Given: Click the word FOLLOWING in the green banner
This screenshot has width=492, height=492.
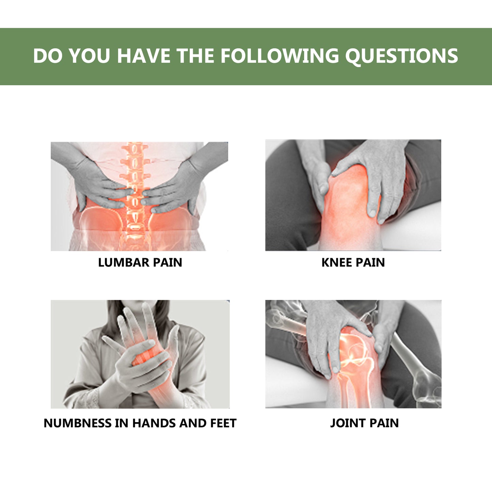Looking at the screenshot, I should pyautogui.click(x=280, y=56).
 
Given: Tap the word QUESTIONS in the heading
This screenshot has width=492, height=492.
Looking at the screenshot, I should pyautogui.click(x=402, y=56).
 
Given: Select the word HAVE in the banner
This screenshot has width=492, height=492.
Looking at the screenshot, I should pyautogui.click(x=143, y=56).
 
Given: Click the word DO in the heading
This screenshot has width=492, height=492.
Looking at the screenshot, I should pyautogui.click(x=48, y=56).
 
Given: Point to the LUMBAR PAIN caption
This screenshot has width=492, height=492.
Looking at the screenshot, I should pyautogui.click(x=140, y=262).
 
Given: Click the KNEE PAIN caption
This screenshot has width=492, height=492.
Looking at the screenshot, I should pyautogui.click(x=353, y=262).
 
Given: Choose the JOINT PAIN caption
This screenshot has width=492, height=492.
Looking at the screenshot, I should pyautogui.click(x=364, y=423).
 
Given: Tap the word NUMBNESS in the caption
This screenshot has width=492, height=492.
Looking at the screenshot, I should pyautogui.click(x=77, y=423).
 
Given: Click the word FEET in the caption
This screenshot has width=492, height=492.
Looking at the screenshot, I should pyautogui.click(x=223, y=423).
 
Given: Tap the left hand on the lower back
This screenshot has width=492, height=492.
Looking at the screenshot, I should pyautogui.click(x=99, y=184).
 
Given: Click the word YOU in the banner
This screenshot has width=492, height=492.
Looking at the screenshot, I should pyautogui.click(x=90, y=56).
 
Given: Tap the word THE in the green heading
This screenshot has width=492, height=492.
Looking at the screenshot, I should pyautogui.click(x=195, y=56).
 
